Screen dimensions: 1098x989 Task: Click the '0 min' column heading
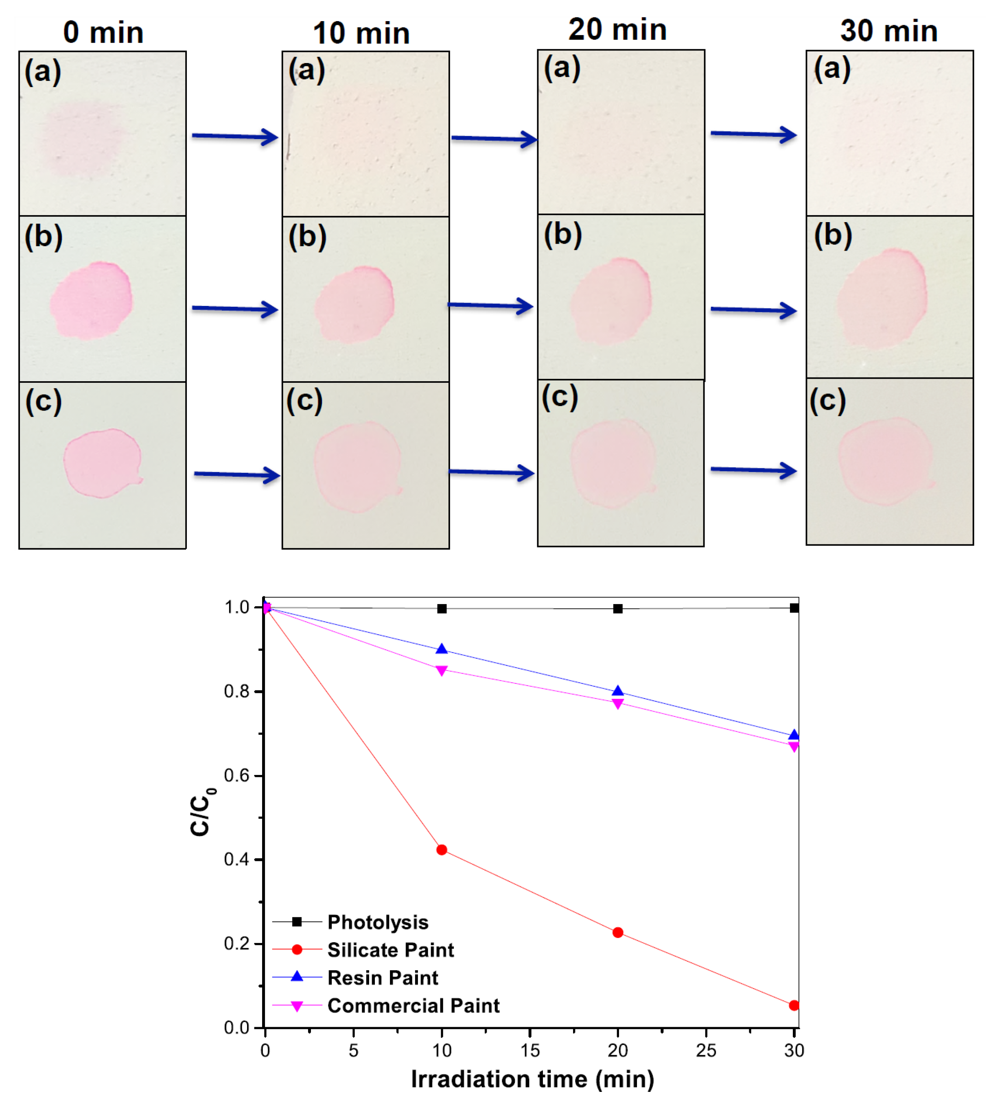103,33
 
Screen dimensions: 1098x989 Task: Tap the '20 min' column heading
617,29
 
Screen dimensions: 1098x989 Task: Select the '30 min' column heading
889,31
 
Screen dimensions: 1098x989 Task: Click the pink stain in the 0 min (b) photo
91,300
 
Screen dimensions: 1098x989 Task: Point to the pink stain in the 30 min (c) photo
885,462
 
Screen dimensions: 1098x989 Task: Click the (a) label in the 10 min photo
306,71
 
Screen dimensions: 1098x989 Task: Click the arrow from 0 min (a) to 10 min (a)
235,136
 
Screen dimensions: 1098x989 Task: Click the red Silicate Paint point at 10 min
442,850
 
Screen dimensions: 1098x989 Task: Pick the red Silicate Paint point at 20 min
618,932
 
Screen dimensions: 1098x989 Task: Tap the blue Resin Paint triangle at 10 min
442,649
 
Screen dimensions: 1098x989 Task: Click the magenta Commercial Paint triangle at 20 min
618,704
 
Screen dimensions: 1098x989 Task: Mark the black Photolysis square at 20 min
618,609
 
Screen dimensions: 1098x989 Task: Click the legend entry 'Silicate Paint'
390,950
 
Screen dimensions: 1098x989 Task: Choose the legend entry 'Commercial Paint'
413,1006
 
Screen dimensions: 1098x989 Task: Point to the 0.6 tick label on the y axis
236,775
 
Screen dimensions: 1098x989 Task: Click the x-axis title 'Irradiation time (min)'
532,1079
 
